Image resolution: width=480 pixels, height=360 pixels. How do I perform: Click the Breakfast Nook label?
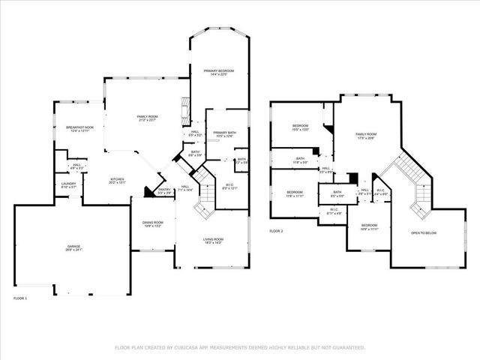[x=79, y=127]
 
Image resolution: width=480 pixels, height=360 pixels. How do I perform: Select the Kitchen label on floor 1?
[x=118, y=178]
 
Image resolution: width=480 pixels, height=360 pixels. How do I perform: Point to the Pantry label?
[x=165, y=189]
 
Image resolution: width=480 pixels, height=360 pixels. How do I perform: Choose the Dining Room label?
[x=153, y=222]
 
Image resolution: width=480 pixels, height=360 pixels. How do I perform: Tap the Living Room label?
[x=214, y=239]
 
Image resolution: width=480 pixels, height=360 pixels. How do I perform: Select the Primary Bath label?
[x=224, y=133]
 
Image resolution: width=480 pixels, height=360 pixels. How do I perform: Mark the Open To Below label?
[x=423, y=233]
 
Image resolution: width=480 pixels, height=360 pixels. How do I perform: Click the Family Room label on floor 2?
[x=366, y=134]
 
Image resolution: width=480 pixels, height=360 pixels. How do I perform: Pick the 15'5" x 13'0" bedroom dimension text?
[x=300, y=129]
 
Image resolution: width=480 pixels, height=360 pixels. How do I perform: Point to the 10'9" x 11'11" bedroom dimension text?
[x=369, y=229]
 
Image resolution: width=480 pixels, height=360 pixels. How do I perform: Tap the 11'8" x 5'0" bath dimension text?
[x=300, y=162]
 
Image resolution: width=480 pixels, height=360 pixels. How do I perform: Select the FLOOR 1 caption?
[x=21, y=298]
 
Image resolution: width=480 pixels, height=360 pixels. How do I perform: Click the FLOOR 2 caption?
[x=276, y=231]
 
